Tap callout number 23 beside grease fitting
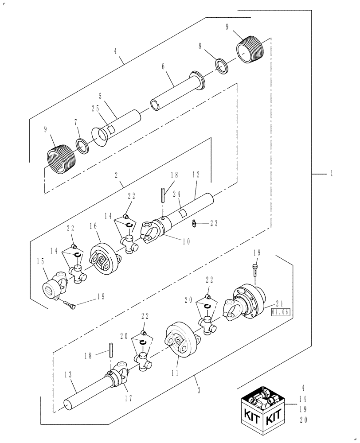[x=214, y=224]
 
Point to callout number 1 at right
[x=331, y=174]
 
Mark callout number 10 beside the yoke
[x=186, y=241]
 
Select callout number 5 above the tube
[x=101, y=96]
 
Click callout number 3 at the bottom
[x=199, y=390]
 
